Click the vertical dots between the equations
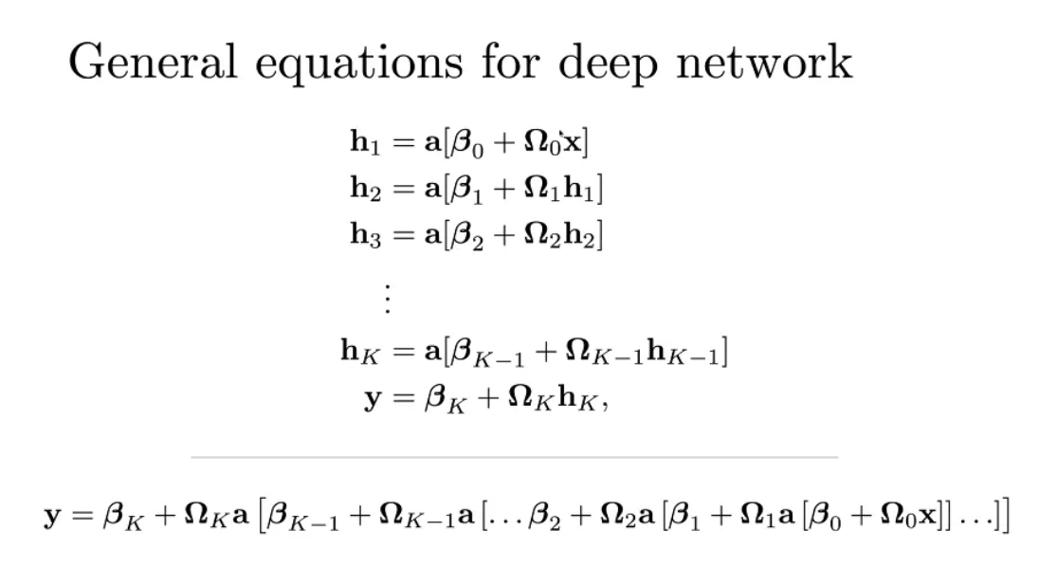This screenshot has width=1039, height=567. [x=386, y=299]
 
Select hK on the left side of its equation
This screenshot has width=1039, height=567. [x=358, y=353]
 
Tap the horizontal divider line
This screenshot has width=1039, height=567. [x=514, y=457]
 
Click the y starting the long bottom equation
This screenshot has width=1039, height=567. [x=52, y=518]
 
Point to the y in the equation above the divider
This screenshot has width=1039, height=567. [x=374, y=398]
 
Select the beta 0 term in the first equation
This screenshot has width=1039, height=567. [x=462, y=145]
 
